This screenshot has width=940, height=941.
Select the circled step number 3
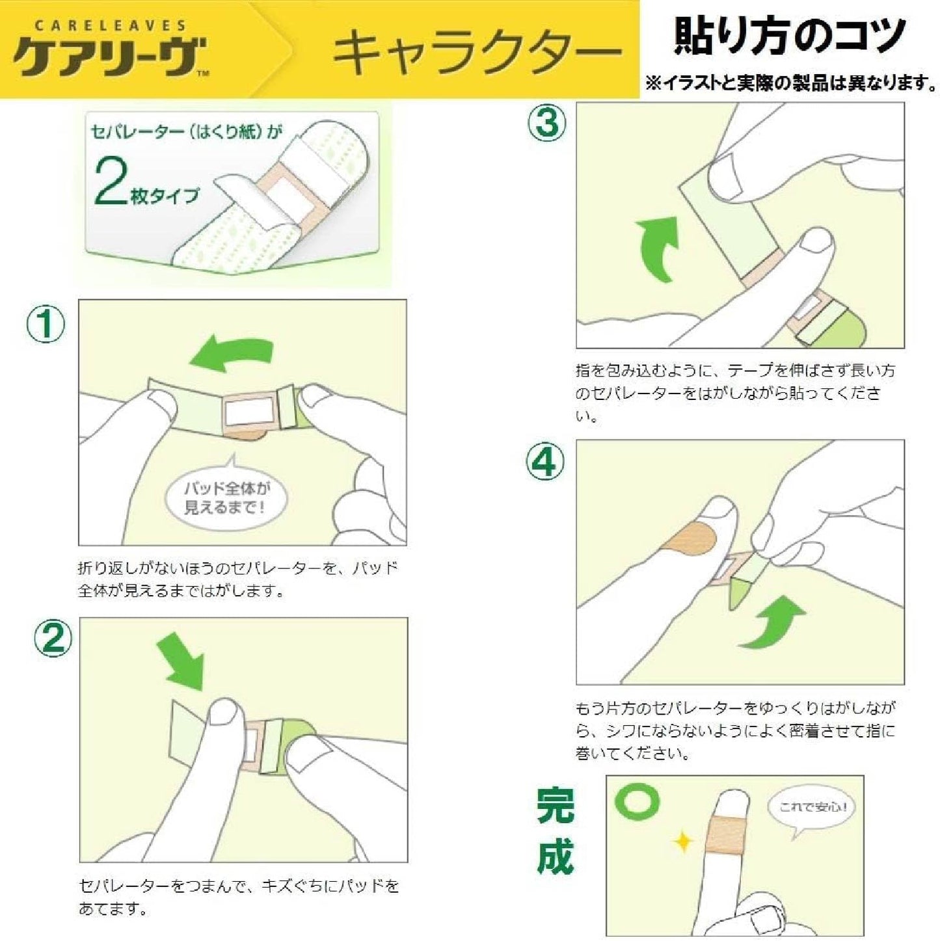click(546, 122)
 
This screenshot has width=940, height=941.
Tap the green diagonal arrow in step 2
click(180, 664)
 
